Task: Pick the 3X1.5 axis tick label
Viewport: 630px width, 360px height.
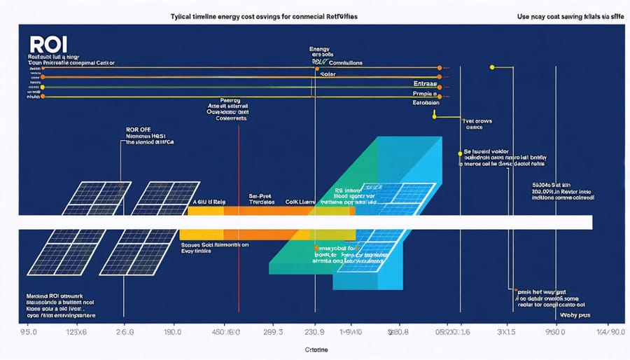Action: click(x=505, y=331)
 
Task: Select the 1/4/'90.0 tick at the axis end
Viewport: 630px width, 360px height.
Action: click(x=606, y=331)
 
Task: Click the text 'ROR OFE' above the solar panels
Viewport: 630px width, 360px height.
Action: click(x=139, y=130)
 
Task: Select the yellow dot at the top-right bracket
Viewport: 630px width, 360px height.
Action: click(x=493, y=67)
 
